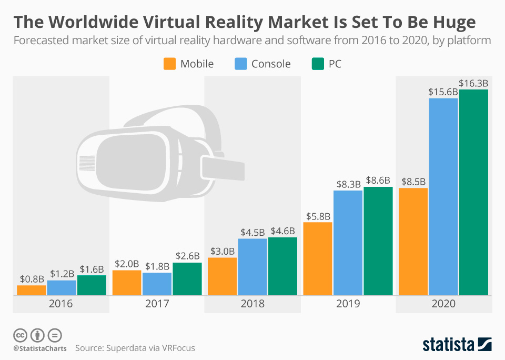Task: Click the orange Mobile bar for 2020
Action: click(x=413, y=242)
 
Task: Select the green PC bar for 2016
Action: click(x=92, y=285)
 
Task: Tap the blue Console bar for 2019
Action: click(x=348, y=243)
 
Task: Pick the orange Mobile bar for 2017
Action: click(x=127, y=283)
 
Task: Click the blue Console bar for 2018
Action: click(x=252, y=267)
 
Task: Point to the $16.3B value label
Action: click(x=473, y=83)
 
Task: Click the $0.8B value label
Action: click(x=32, y=278)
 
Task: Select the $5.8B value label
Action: click(x=318, y=216)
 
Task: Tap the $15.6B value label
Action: click(x=443, y=92)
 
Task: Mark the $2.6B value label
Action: click(x=187, y=256)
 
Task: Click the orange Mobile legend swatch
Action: click(x=169, y=64)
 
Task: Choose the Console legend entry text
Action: click(x=271, y=64)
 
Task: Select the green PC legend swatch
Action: click(x=318, y=64)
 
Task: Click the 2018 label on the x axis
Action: click(x=252, y=304)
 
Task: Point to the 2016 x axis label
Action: click(x=61, y=304)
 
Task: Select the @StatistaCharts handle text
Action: click(x=39, y=348)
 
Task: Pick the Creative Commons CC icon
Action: click(x=20, y=335)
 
